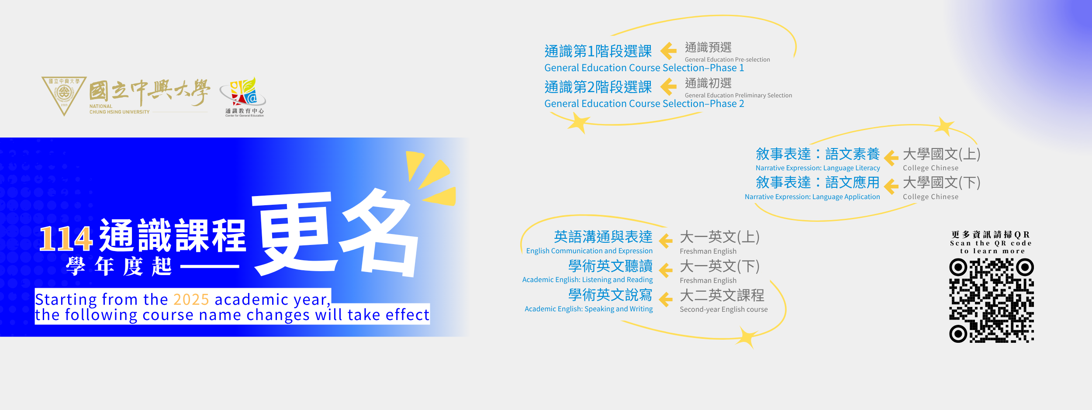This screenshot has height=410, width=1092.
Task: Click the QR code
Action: point(992,300)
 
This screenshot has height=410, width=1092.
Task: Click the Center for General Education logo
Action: point(244,97)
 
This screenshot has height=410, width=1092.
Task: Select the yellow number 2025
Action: point(191,300)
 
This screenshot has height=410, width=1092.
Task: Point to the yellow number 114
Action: point(66,238)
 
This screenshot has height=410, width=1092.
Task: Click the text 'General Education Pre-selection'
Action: point(727,59)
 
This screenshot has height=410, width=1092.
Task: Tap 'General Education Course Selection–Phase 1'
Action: point(644,68)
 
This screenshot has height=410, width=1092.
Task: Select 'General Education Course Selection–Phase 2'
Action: point(644,104)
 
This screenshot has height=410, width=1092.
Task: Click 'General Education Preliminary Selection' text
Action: point(738,95)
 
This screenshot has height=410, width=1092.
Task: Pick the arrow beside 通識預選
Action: point(668,51)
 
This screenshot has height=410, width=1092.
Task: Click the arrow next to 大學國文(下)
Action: point(891,186)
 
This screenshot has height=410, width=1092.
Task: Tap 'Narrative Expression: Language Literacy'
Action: point(818,168)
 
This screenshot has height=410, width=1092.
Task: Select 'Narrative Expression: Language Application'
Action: point(812,197)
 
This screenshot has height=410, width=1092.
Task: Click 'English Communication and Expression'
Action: point(589,251)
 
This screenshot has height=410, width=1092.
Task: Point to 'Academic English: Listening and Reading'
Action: point(587,280)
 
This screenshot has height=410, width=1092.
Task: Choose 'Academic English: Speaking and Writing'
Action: point(588,309)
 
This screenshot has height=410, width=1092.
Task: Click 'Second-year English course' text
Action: point(723,310)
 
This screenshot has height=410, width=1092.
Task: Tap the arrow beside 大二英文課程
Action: point(666,300)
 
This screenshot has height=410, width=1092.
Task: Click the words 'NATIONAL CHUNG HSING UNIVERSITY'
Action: point(119,109)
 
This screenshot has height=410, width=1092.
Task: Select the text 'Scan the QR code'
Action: point(991,243)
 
